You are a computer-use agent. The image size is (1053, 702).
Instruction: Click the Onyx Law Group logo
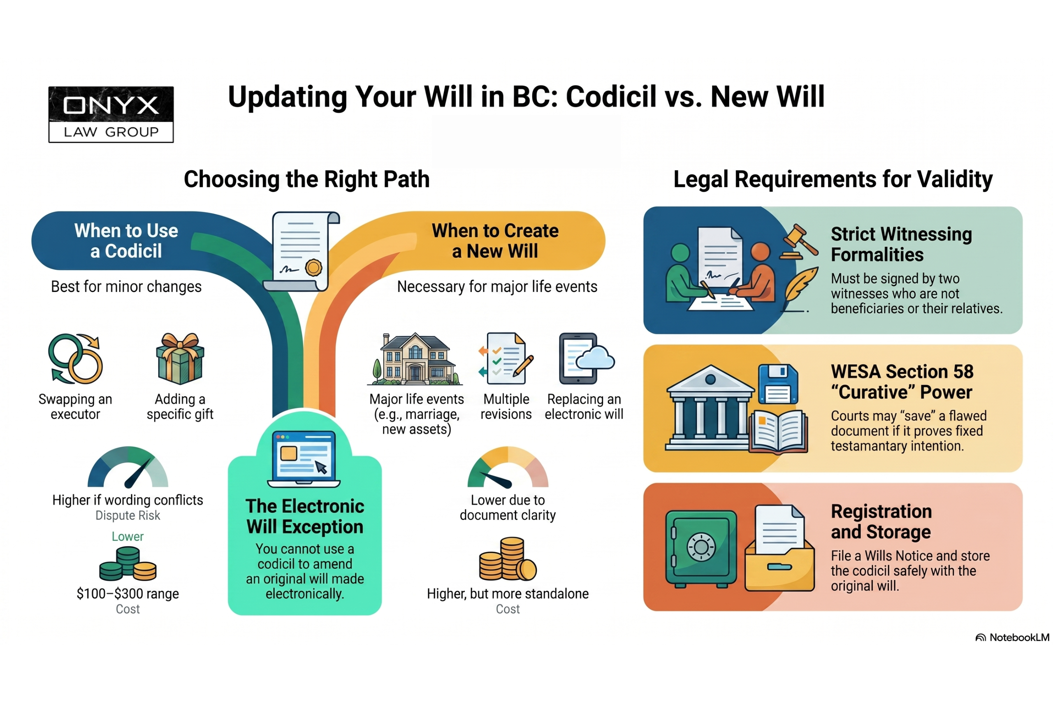[x=111, y=115]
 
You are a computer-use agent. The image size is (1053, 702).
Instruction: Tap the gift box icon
[x=180, y=359]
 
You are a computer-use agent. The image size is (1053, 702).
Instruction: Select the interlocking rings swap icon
[x=76, y=359]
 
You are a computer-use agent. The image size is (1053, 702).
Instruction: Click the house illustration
[x=415, y=359]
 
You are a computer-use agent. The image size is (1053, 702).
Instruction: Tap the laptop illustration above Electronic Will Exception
[x=304, y=459]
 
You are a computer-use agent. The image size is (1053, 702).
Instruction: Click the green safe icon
[x=700, y=549]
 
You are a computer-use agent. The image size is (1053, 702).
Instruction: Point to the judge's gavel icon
[x=798, y=242]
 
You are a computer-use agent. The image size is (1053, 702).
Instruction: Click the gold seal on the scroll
[x=313, y=268]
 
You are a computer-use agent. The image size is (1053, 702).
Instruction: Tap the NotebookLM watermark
[x=1012, y=637]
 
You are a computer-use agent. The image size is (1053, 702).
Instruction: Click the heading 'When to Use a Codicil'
[x=126, y=241]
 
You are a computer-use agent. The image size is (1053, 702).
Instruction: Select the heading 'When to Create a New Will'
[x=495, y=241]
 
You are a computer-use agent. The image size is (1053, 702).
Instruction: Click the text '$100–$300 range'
[x=128, y=594]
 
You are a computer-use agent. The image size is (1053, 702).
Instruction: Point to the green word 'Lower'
[x=128, y=536]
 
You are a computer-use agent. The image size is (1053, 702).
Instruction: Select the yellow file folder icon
[x=779, y=568]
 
